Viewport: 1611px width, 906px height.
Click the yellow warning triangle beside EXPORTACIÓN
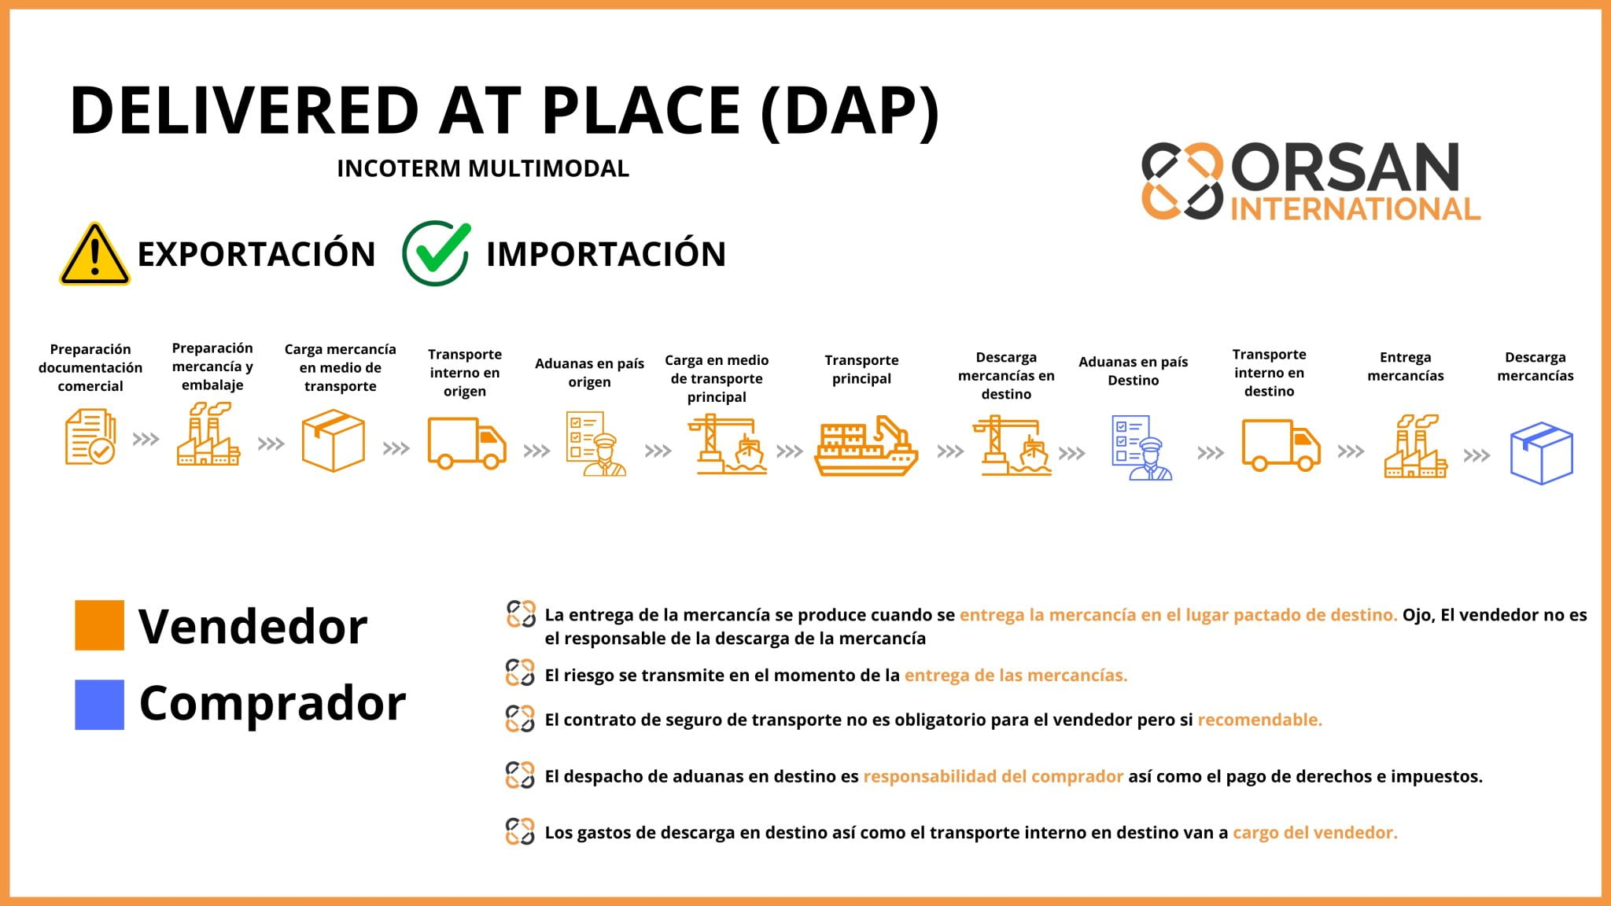94,255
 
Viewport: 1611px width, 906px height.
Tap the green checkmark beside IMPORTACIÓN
437,253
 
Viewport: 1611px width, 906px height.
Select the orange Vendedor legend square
99,625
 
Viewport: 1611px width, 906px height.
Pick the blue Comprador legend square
99,705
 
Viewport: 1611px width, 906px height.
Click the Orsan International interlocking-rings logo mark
1182,180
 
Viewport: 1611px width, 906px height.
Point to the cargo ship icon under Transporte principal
865,447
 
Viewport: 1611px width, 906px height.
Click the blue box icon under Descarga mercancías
1541,453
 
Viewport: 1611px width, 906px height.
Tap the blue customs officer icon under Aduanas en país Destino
1141,447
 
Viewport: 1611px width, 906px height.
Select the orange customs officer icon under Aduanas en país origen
595,444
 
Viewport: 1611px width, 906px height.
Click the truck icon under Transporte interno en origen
466,443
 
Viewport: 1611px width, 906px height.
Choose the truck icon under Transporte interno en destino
1280,445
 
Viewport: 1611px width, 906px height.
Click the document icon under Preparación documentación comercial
90,437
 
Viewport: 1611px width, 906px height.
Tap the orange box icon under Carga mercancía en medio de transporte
334,440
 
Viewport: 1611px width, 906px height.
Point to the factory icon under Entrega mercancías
1414,447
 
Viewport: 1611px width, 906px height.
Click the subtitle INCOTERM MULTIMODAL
483,168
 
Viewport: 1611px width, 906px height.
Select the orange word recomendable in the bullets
1259,720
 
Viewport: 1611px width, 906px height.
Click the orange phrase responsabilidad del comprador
993,776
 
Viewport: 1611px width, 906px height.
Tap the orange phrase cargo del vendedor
1314,832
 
